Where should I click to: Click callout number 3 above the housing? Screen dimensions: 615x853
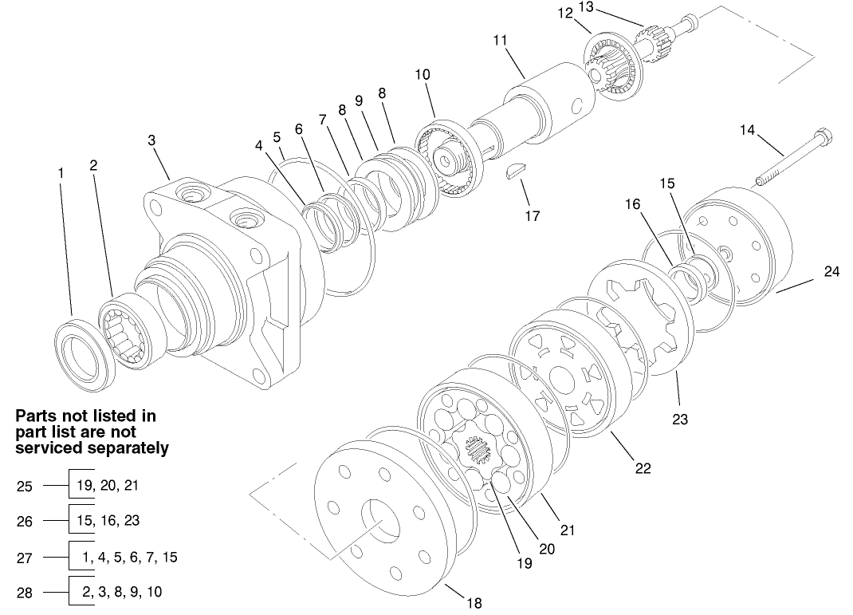click(151, 140)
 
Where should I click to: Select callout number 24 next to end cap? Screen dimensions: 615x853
click(831, 271)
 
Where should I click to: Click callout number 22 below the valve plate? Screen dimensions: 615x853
click(643, 468)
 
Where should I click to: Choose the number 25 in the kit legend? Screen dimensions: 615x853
click(25, 486)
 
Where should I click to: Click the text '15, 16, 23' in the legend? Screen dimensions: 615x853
click(109, 520)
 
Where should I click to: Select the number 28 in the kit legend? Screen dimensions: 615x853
click(25, 593)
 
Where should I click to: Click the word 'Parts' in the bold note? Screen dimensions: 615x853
click(38, 416)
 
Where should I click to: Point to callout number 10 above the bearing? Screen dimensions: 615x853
click(423, 74)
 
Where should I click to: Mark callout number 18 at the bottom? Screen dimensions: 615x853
click(474, 603)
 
